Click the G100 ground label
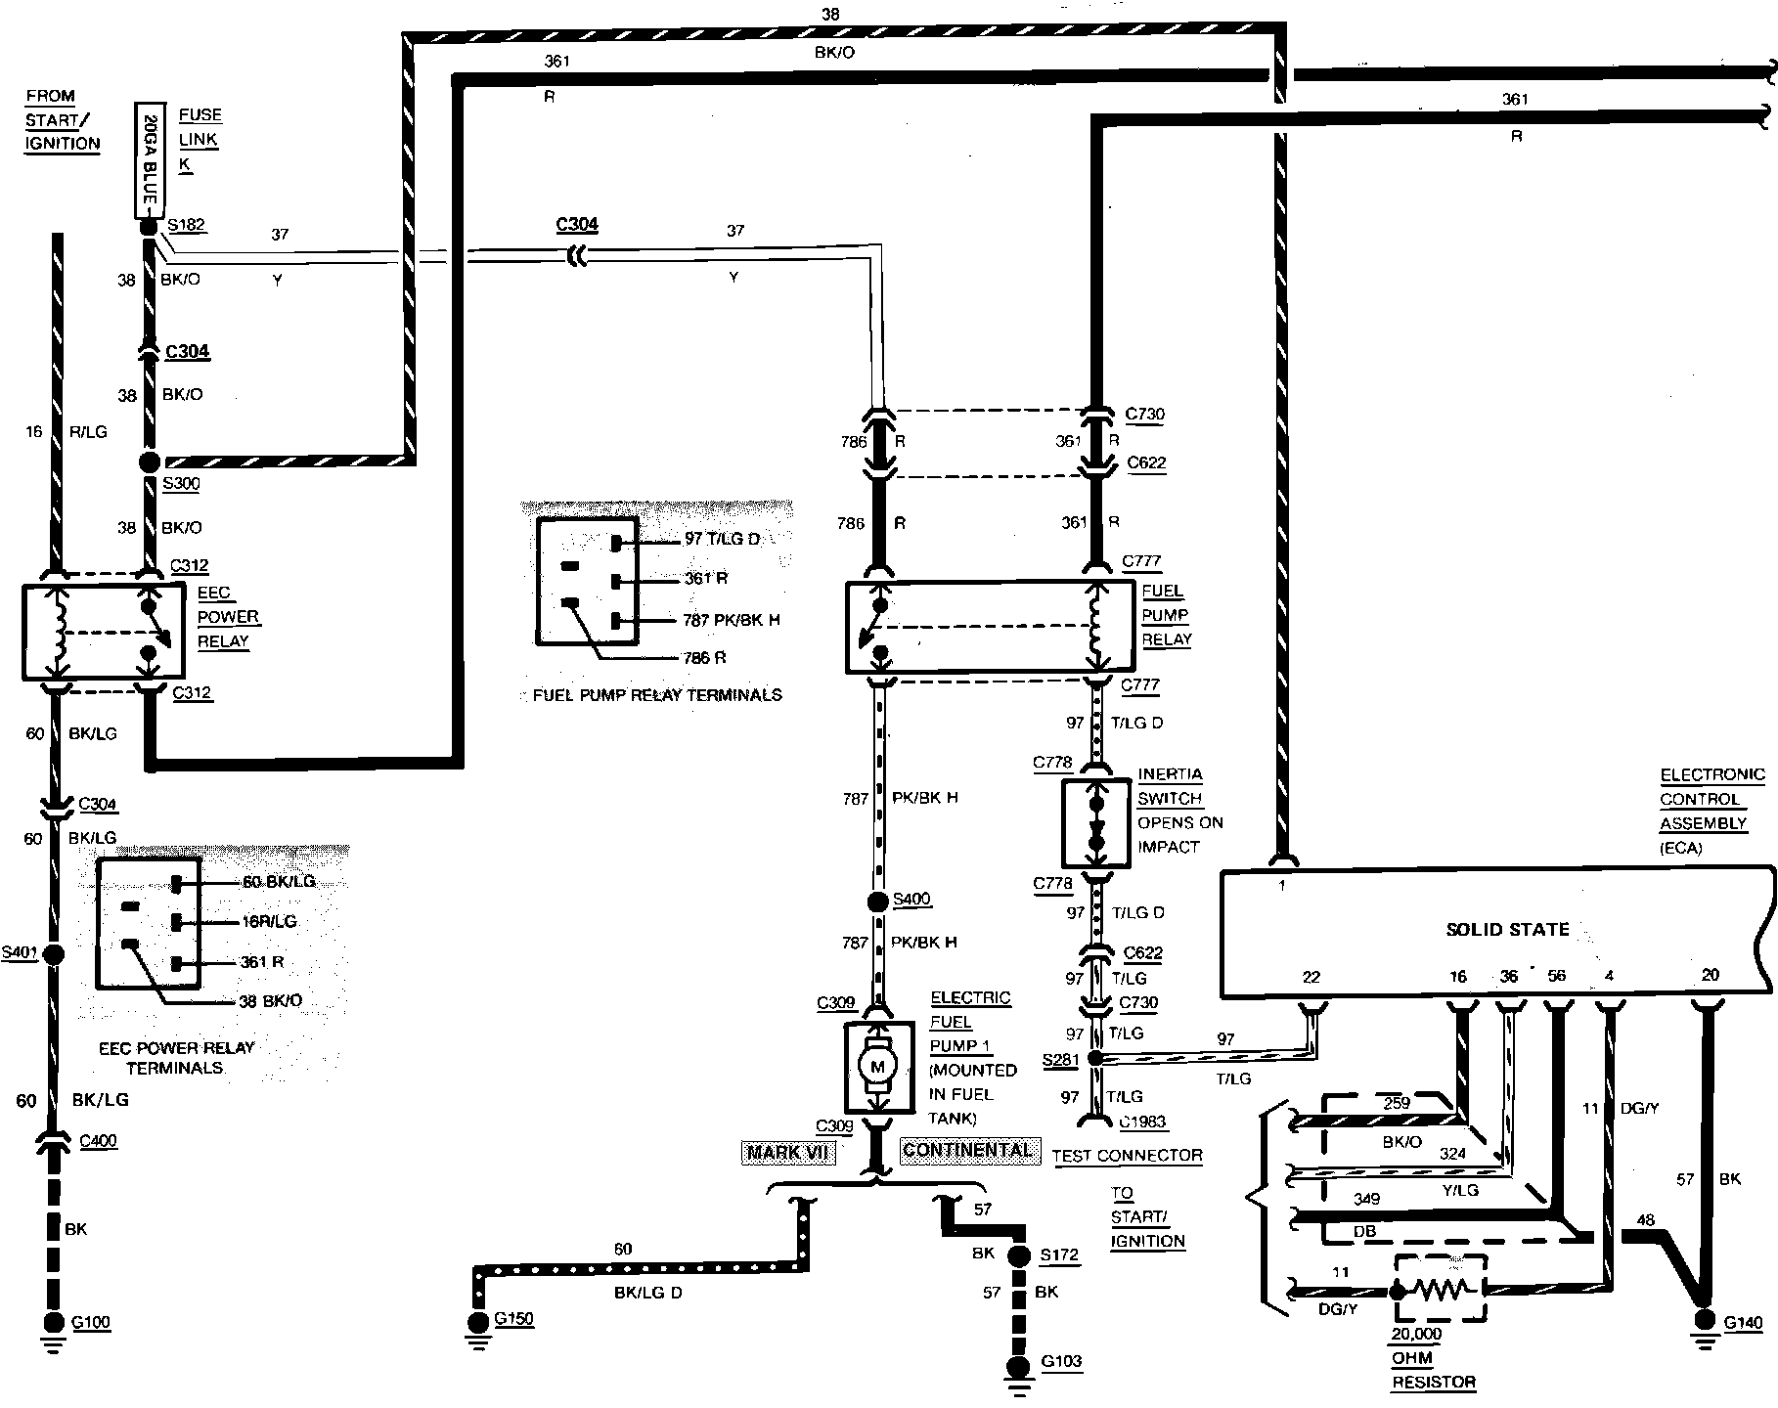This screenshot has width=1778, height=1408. pos(91,1323)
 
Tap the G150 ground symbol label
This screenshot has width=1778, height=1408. pos(514,1319)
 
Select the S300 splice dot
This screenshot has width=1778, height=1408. pos(150,462)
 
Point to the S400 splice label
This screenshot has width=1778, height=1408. pos(911,900)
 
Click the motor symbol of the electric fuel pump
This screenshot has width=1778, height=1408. pos(877,1067)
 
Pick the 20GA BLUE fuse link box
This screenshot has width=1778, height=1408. pos(148,159)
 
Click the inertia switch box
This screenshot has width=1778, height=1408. pos(1095,822)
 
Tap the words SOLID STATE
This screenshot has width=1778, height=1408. pos(1507,930)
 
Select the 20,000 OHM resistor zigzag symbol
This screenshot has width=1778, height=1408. pos(1440,1290)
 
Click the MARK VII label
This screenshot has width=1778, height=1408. pos(788,1152)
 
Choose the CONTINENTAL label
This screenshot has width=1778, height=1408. pos(966,1150)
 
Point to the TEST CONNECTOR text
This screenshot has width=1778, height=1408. pos(1127,1156)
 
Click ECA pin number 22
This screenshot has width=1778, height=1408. pos(1311,977)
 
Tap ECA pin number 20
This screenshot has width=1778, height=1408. pos(1710,975)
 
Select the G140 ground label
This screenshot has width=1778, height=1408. pos(1743,1323)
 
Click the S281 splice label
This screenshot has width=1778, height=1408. pos(1060,1060)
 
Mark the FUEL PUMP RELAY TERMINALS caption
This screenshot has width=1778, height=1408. pos(657,695)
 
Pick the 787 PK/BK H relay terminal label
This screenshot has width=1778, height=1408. pos(732,620)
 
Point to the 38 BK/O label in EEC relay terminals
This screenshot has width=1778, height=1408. pos(271,1001)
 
